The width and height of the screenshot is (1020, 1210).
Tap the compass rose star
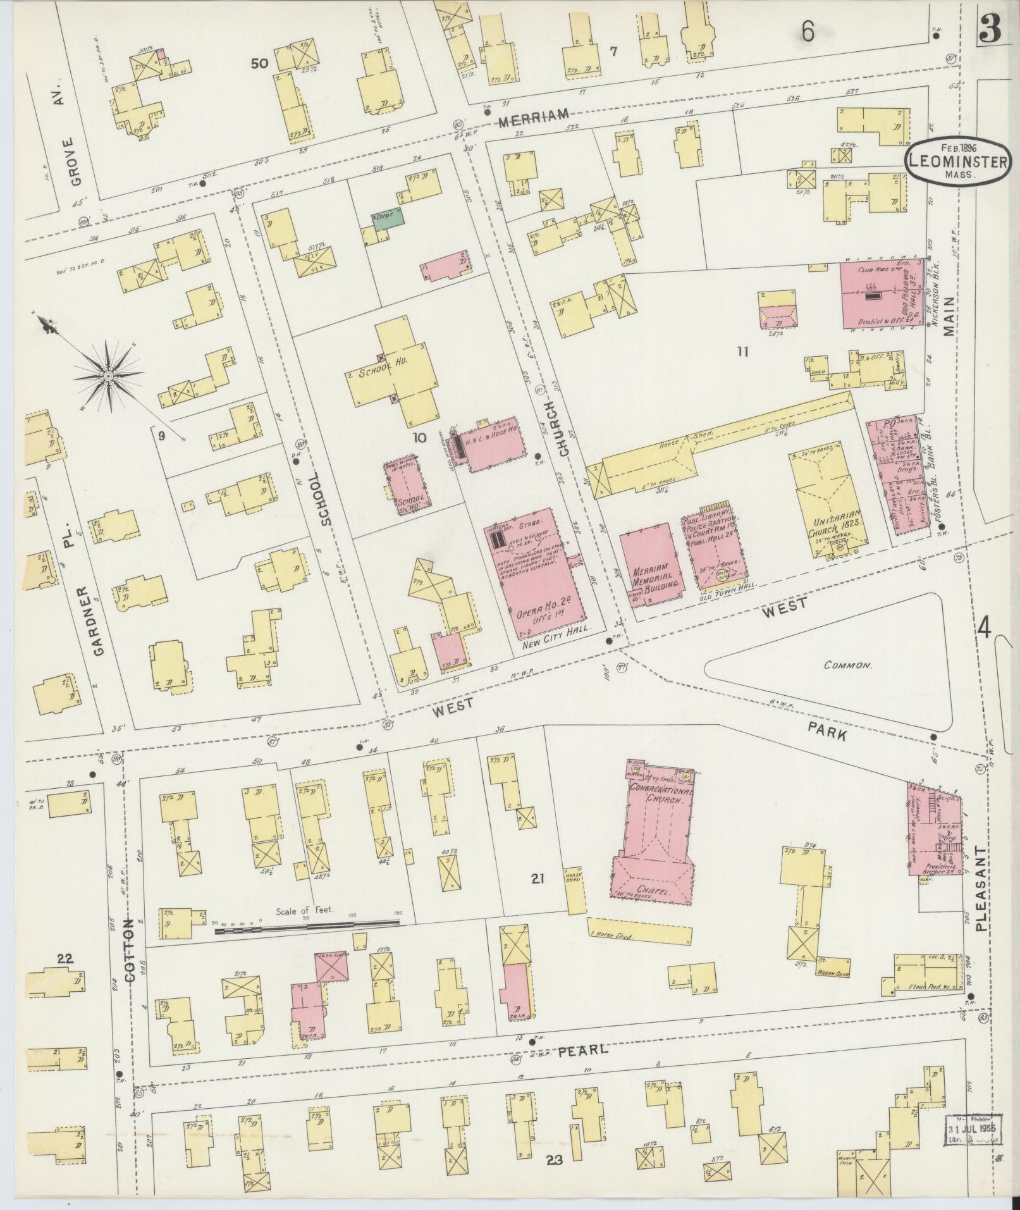click(x=108, y=376)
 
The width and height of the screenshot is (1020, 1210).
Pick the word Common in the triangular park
click(x=847, y=666)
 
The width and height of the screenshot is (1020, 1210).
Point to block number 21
click(x=538, y=878)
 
